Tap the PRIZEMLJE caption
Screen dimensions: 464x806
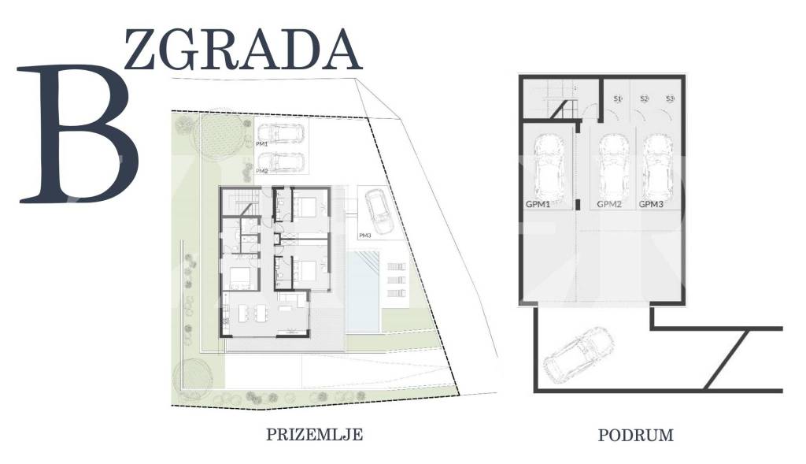[x=315, y=434]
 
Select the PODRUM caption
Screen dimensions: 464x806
[x=636, y=435]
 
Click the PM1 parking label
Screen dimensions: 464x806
[x=262, y=145]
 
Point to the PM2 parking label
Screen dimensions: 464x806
[x=262, y=171]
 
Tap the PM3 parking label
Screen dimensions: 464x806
[x=364, y=236]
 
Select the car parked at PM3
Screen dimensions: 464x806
[x=379, y=211]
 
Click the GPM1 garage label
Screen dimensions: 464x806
[x=537, y=204]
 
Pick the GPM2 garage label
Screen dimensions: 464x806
[x=610, y=204]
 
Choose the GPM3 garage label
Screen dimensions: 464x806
[x=652, y=204]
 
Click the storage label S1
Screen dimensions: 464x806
[x=618, y=99]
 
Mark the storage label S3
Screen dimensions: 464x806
[x=670, y=99]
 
